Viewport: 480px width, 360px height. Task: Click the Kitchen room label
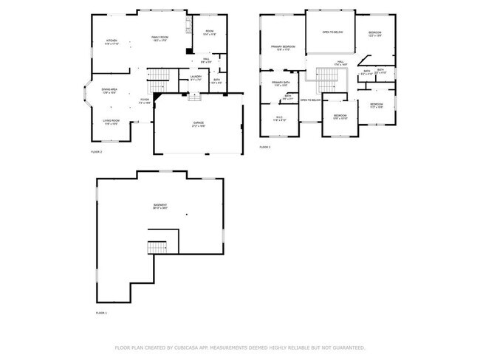pyautogui.click(x=112, y=41)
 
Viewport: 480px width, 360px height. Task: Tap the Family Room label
pyautogui.click(x=160, y=38)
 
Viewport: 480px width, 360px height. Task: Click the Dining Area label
pyautogui.click(x=109, y=90)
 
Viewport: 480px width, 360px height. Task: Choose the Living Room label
pyautogui.click(x=111, y=122)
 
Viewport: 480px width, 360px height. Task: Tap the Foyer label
pyautogui.click(x=145, y=100)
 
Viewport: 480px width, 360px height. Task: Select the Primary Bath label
pyautogui.click(x=279, y=83)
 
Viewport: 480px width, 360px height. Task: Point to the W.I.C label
pyautogui.click(x=279, y=118)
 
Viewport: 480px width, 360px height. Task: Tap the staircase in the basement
pyautogui.click(x=157, y=247)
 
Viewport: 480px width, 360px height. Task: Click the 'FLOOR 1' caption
pyautogui.click(x=101, y=313)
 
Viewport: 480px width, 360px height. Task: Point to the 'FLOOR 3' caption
pyautogui.click(x=264, y=147)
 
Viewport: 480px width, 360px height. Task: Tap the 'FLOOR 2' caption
pyautogui.click(x=96, y=151)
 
